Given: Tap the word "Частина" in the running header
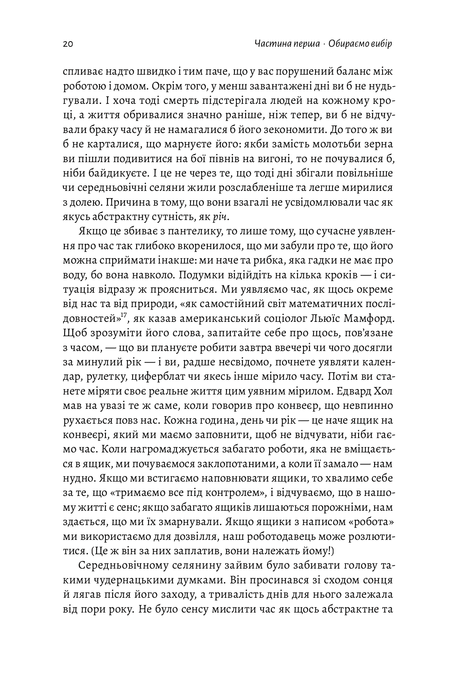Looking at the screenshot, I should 271,44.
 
